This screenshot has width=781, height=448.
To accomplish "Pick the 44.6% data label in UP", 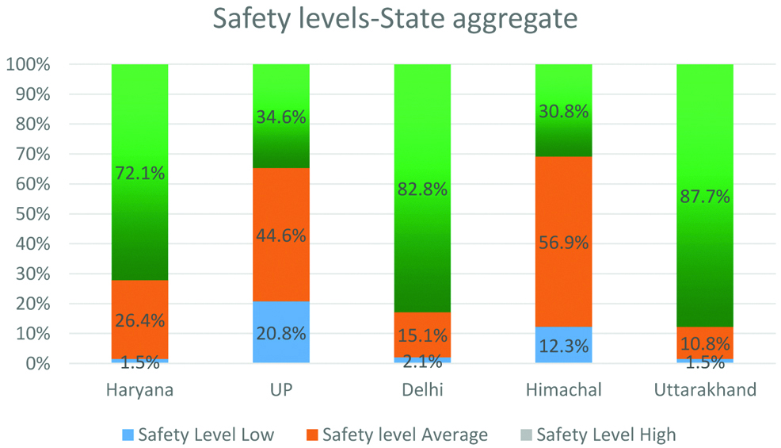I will pyautogui.click(x=281, y=235).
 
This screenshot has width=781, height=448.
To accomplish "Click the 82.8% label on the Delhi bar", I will pyautogui.click(x=422, y=190).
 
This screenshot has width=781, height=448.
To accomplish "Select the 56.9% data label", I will pyautogui.click(x=563, y=243).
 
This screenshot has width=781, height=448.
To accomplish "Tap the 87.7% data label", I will pyautogui.click(x=704, y=197).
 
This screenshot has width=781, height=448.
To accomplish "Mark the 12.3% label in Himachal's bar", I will pyautogui.click(x=563, y=346).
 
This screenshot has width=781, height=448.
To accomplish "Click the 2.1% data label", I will pyautogui.click(x=422, y=362).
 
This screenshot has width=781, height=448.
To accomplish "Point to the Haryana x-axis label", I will pyautogui.click(x=139, y=391).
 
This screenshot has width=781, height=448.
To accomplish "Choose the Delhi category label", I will pyautogui.click(x=422, y=391).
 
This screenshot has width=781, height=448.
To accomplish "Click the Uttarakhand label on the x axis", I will pyautogui.click(x=704, y=391).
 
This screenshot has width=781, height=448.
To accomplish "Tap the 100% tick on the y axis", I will pyautogui.click(x=29, y=65).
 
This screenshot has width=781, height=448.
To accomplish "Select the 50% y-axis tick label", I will pyautogui.click(x=32, y=214).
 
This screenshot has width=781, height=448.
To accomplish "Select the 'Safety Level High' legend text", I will pyautogui.click(x=606, y=435).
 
